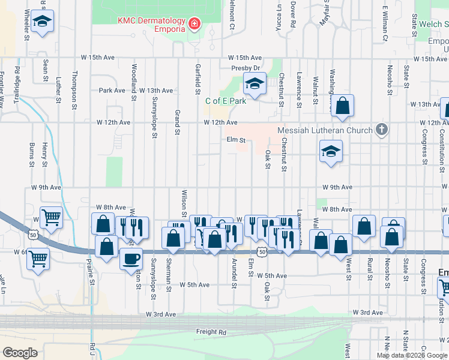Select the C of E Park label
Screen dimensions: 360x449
(226, 101)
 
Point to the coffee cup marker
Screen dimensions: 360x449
(131, 259)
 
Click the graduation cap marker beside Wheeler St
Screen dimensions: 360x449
(41, 22)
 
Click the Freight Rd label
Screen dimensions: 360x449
(211, 332)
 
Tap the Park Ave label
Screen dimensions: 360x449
(111, 91)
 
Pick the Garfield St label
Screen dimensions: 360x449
(197, 80)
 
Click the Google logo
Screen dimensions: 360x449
(20, 353)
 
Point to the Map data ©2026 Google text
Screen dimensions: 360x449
(411, 355)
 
